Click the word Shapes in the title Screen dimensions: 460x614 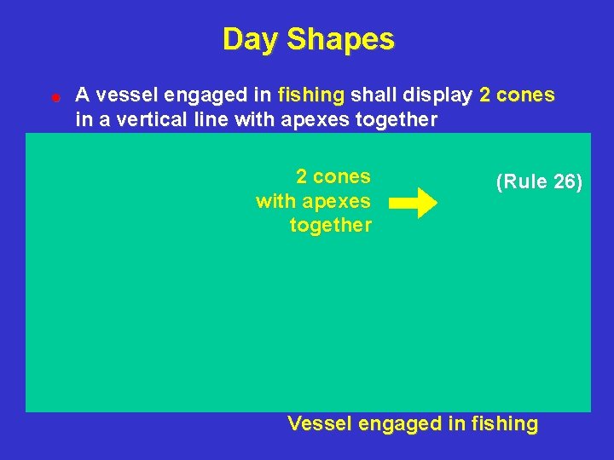(x=341, y=39)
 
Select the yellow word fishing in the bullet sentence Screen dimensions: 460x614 (x=310, y=95)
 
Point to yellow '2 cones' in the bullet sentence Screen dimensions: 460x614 (x=517, y=95)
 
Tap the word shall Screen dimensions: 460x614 (x=374, y=95)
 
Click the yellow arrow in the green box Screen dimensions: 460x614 (x=413, y=203)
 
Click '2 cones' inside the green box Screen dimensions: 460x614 (x=333, y=177)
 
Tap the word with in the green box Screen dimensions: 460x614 (x=274, y=201)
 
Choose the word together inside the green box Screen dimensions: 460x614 (x=331, y=226)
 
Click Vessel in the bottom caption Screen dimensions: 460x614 (x=316, y=423)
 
